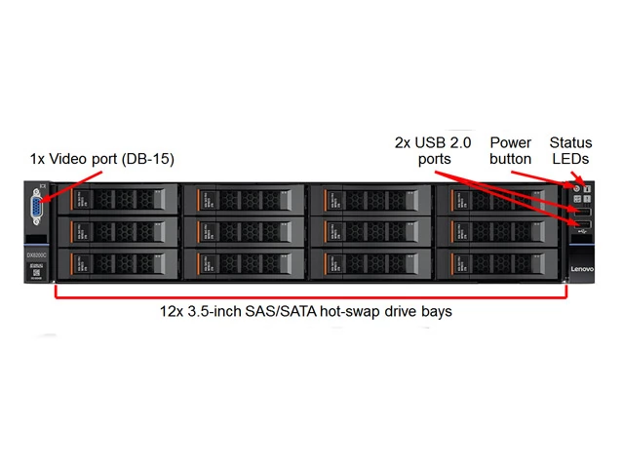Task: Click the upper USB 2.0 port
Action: point(580,212)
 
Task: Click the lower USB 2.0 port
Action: point(580,226)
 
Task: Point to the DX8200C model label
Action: point(36,254)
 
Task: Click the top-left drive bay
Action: point(118,199)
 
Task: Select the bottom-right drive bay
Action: point(496,264)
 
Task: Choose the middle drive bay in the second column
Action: point(244,231)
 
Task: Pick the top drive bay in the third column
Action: point(370,199)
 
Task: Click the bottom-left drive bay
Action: point(118,264)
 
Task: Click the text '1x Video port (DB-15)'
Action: point(102,158)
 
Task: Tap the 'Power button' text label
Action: point(511,150)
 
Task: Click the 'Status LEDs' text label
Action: point(570,150)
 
